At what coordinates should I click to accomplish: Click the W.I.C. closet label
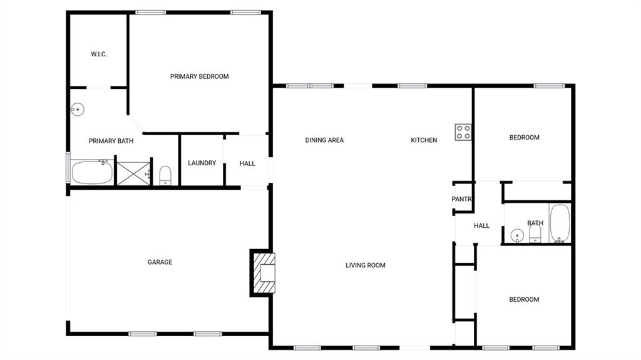tap(99, 54)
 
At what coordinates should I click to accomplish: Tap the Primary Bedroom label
tap(200, 76)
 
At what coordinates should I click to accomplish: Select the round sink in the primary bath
tap(77, 110)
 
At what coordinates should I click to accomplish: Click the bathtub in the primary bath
tap(92, 172)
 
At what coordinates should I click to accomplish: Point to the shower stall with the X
tap(134, 173)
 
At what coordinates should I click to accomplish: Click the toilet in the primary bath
tap(165, 175)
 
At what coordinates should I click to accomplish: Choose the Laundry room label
tap(202, 163)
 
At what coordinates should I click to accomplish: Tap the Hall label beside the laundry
tap(247, 163)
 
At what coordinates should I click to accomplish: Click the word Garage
tap(160, 262)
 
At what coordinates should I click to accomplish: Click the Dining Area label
tap(325, 140)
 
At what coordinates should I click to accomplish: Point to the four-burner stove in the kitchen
tap(463, 132)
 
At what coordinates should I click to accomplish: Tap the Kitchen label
tap(424, 140)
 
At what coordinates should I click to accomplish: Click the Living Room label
tap(366, 265)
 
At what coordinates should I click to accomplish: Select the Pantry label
tap(463, 199)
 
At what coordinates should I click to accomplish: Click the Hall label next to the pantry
tap(481, 226)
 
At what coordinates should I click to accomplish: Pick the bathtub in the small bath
tap(560, 224)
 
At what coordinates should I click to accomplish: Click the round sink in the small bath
tap(517, 236)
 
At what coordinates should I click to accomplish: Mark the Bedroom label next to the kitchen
tap(525, 138)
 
